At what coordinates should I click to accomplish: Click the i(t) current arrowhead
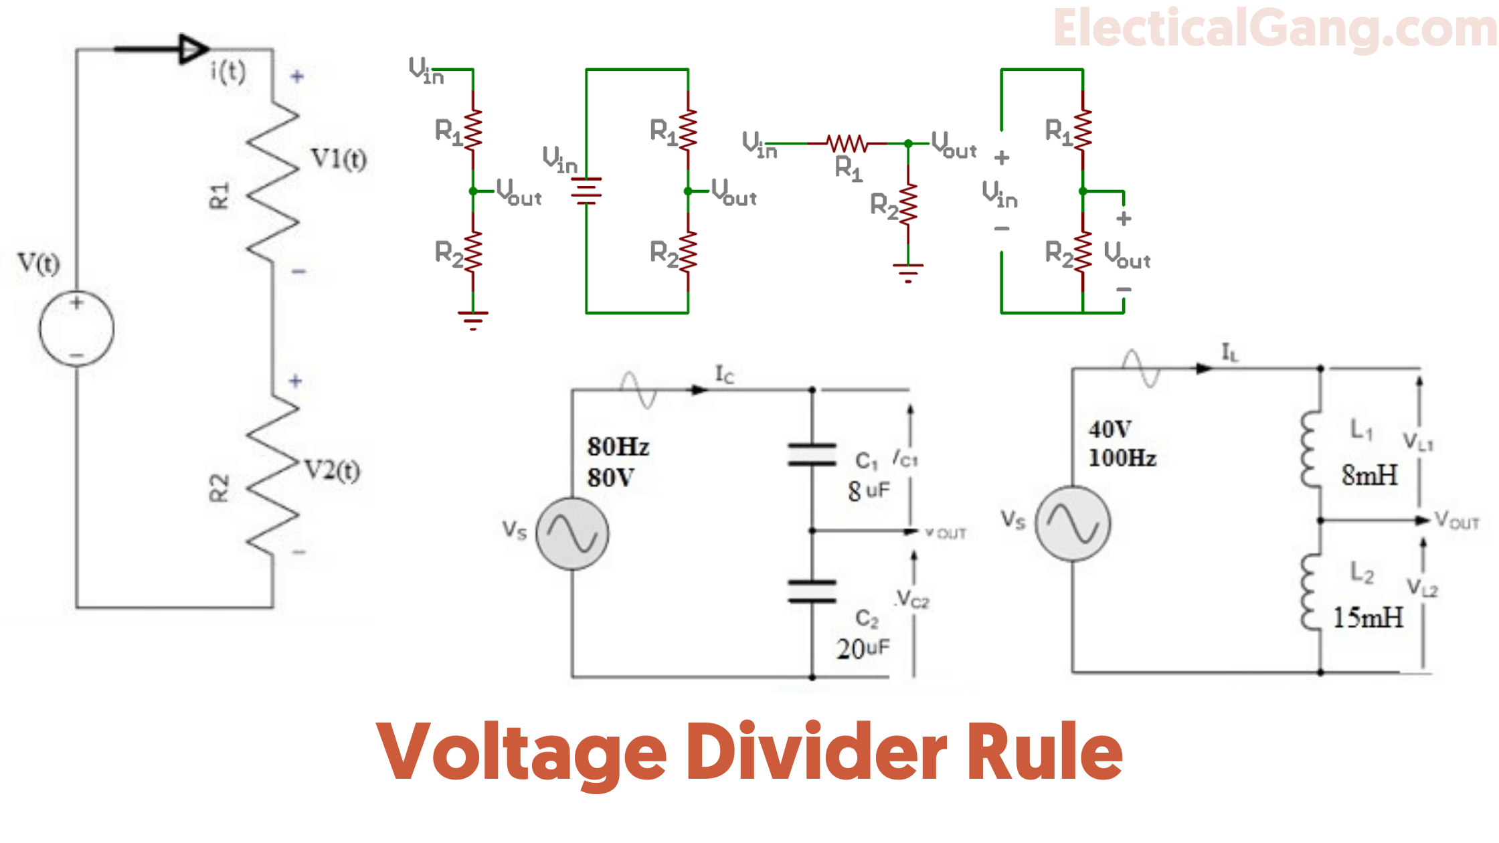click(193, 49)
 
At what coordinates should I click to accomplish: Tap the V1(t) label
click(339, 159)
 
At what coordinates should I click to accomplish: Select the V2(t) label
click(332, 470)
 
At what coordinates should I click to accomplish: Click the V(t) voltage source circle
click(76, 329)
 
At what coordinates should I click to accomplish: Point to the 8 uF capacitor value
click(869, 490)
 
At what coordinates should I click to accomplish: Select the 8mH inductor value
click(1369, 476)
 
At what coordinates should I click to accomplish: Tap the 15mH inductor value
click(1368, 618)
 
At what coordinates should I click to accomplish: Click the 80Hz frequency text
click(618, 446)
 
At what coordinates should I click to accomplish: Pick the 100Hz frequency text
click(1122, 458)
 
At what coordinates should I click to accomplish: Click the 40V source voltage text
click(1110, 429)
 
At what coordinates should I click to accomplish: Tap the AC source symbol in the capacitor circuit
click(572, 534)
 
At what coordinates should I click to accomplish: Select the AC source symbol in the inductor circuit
click(1073, 523)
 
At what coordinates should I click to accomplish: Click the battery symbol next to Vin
click(586, 191)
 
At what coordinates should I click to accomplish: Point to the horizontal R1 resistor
click(847, 143)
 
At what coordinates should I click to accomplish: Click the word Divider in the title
click(816, 753)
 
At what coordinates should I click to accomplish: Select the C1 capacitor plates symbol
click(812, 454)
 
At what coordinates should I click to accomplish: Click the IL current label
click(1230, 352)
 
